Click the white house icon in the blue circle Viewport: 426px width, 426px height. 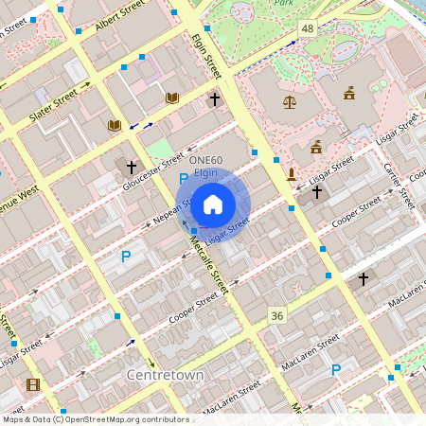[213, 204]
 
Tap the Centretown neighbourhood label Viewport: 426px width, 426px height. [167, 375]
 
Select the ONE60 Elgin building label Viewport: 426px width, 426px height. [206, 167]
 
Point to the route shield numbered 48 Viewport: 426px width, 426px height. [308, 29]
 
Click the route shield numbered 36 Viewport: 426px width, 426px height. [276, 315]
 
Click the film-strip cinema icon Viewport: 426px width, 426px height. [34, 384]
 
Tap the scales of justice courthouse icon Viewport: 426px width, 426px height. [289, 101]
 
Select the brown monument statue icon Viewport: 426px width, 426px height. [292, 173]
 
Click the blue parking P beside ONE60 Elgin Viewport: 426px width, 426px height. [184, 178]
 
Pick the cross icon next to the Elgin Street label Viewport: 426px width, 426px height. [215, 98]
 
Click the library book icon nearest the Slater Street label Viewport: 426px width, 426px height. [115, 125]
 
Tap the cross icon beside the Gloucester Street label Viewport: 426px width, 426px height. [132, 167]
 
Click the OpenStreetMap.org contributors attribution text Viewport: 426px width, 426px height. [129, 418]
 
